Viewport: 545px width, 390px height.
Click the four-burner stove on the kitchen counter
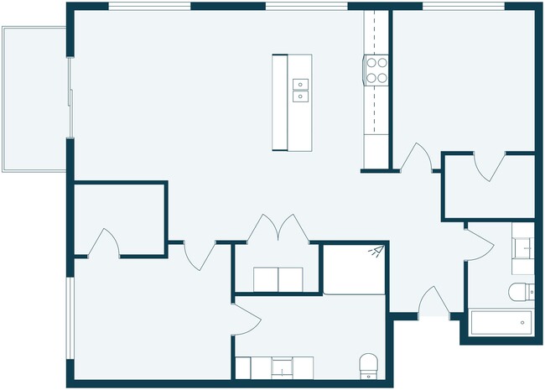click(376, 70)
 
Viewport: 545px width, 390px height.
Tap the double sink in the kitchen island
click(299, 90)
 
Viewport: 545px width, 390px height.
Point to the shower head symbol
click(376, 251)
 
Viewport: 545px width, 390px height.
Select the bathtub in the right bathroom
click(501, 321)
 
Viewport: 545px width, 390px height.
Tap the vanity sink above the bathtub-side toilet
click(524, 247)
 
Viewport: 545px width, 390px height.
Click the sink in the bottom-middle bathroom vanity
click(283, 367)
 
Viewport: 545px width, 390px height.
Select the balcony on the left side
click(34, 99)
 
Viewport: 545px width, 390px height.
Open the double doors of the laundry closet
click(276, 229)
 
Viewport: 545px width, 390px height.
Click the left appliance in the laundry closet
click(267, 279)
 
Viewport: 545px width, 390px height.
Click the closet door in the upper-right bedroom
click(486, 165)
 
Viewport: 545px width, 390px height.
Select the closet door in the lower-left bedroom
click(104, 242)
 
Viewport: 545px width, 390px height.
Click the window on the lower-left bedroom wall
click(70, 319)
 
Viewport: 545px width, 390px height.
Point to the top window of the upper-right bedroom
click(463, 7)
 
